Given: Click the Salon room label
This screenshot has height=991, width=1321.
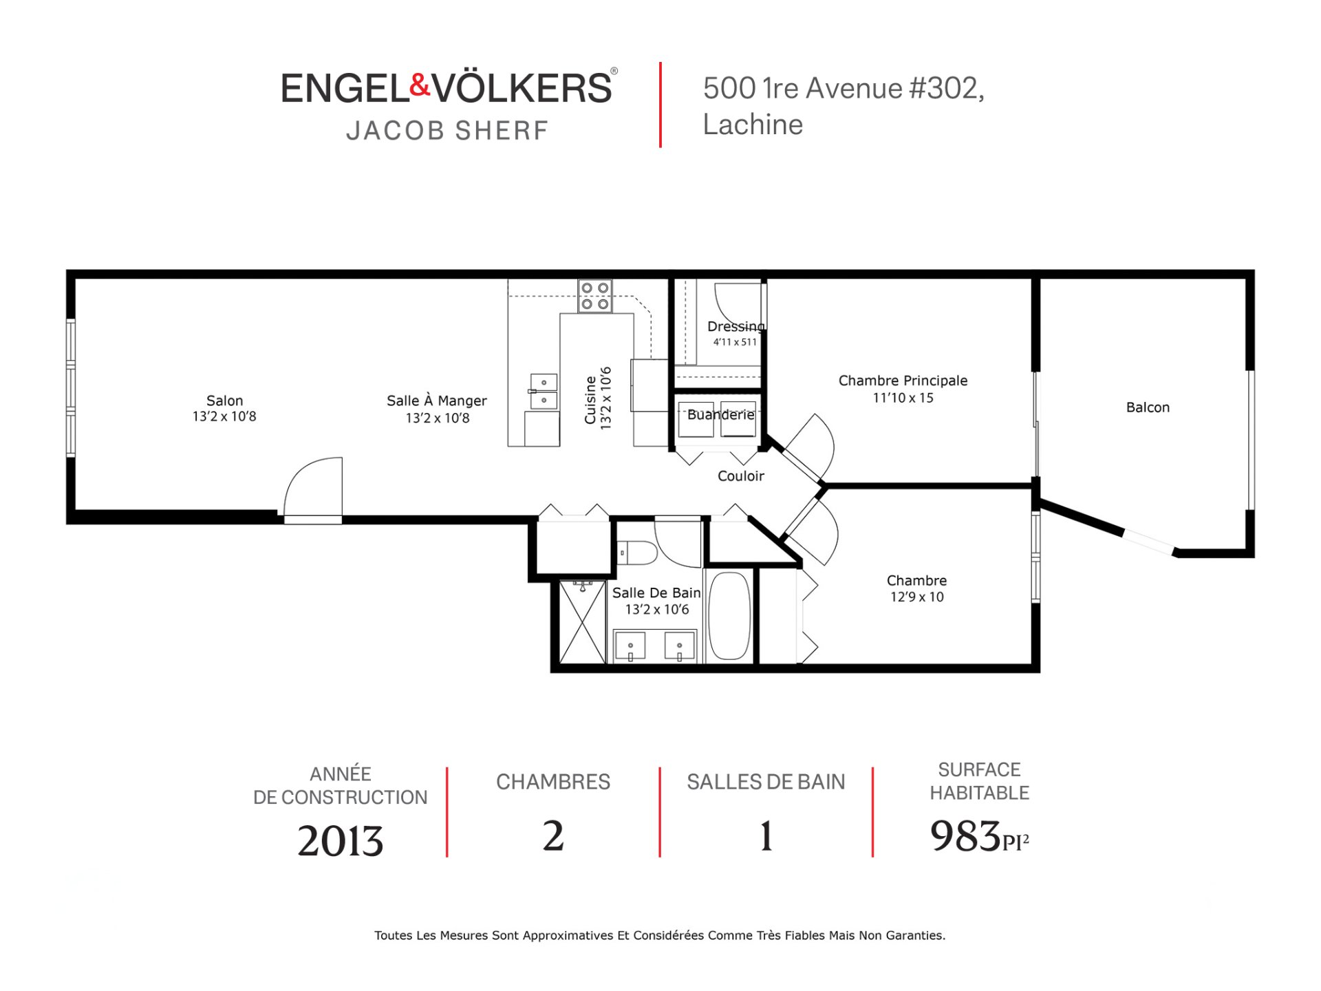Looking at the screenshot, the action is (x=225, y=401).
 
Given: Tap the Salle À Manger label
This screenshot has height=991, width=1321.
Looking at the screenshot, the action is (x=437, y=401).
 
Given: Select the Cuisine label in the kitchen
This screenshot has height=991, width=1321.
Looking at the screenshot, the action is (x=590, y=400).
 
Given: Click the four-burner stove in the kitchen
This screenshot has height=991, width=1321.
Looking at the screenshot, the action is (x=595, y=296).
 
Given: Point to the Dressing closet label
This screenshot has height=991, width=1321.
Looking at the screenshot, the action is (x=735, y=326).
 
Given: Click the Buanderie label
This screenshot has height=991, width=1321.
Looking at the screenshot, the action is (x=721, y=414).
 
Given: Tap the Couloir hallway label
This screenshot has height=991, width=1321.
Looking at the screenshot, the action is (x=741, y=476).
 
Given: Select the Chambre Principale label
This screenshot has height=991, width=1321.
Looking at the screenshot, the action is (x=903, y=381).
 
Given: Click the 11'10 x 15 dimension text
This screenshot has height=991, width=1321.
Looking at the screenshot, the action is (x=903, y=398).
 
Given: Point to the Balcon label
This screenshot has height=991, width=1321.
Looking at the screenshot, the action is (x=1148, y=407).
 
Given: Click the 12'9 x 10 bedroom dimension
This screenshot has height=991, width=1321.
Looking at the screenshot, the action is (x=917, y=597).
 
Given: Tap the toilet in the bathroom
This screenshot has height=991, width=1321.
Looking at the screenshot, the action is (x=637, y=553).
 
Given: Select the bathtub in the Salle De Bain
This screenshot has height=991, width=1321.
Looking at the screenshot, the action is (x=729, y=616).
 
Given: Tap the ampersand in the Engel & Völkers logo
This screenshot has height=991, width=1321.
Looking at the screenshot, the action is (x=420, y=85).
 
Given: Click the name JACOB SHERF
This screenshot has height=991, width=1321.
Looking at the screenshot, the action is (x=447, y=131).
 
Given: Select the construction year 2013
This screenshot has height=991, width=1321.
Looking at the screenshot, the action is (x=340, y=841).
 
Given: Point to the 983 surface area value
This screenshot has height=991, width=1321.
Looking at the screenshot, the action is (x=965, y=836).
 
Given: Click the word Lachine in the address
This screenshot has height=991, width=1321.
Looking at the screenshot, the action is (x=753, y=125).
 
